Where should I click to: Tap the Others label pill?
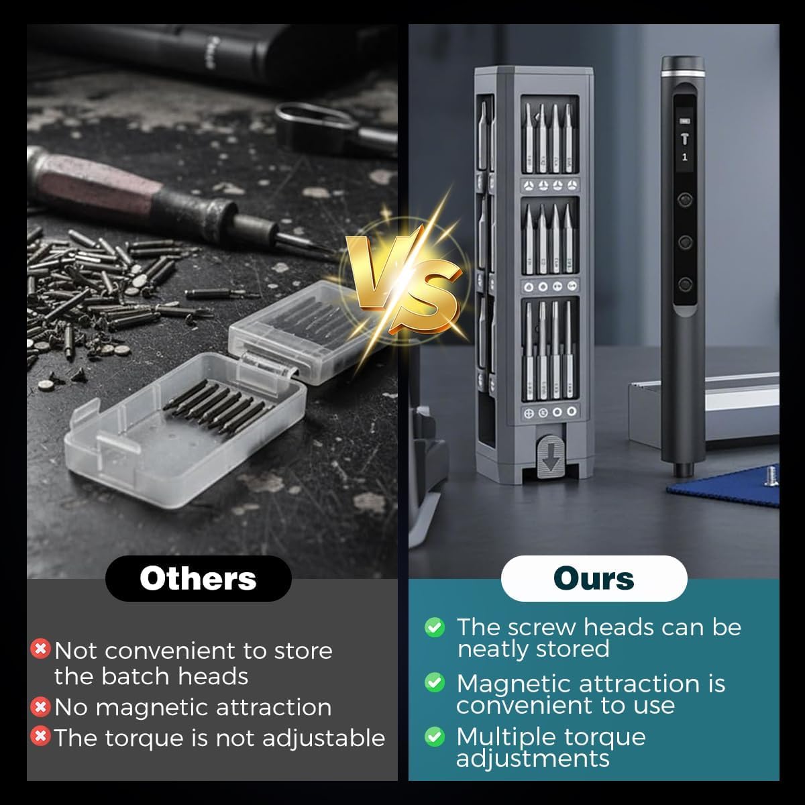pyautogui.click(x=199, y=578)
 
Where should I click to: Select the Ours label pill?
pyautogui.click(x=594, y=578)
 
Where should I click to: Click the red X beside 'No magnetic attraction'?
pyautogui.click(x=40, y=707)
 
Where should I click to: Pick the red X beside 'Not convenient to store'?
pyautogui.click(x=40, y=649)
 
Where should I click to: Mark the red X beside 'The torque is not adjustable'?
pyautogui.click(x=40, y=736)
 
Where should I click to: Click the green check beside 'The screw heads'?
pyautogui.click(x=435, y=627)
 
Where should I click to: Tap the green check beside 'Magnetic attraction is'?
pyautogui.click(x=435, y=683)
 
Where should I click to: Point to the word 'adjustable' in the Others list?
pyautogui.click(x=323, y=739)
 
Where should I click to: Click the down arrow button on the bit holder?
pyautogui.click(x=551, y=456)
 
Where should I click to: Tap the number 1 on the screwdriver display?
pyautogui.click(x=684, y=158)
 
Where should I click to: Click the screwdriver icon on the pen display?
pyautogui.click(x=684, y=138)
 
